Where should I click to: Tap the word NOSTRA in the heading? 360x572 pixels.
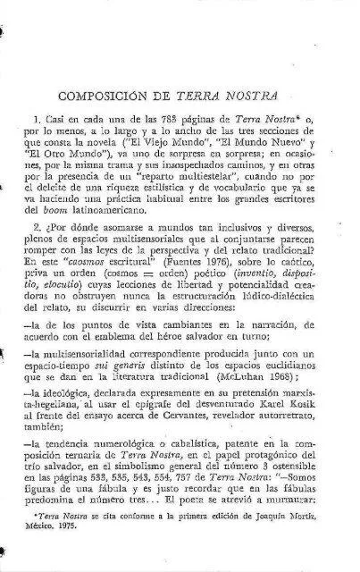click(255, 97)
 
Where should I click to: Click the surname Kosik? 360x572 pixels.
click(309, 424)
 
